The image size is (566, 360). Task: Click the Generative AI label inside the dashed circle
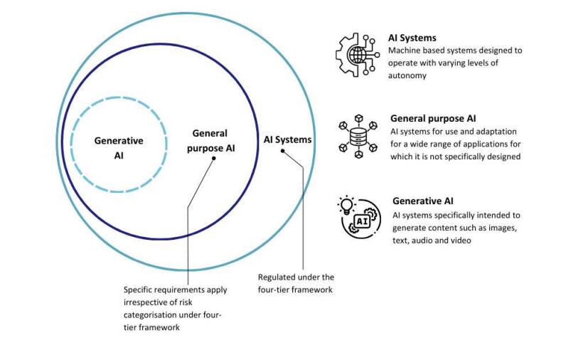point(119,147)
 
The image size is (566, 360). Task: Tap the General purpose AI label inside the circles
point(210,141)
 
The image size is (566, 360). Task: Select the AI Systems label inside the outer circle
point(287,139)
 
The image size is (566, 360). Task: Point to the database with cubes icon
point(358,135)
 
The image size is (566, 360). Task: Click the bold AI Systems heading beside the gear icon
point(412,38)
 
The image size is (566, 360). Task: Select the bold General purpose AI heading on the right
point(433,118)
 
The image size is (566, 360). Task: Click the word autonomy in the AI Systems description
point(407,75)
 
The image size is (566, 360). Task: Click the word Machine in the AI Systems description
point(405,51)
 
